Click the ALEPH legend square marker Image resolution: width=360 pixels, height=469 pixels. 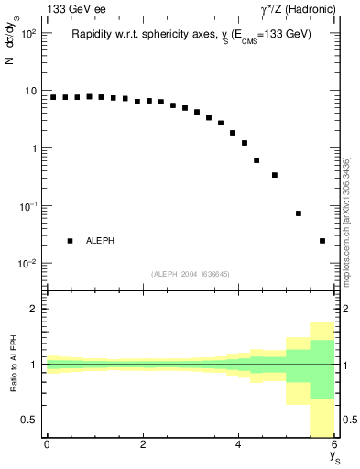70,241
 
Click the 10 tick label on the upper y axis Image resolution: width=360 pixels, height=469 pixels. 30,91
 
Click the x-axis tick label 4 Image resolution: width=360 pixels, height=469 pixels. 239,444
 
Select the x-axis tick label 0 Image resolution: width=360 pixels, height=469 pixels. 47,444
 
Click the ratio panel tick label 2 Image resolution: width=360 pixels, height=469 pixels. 34,309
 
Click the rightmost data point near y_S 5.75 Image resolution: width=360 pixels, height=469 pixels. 322,241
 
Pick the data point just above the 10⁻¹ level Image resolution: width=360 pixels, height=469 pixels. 299,213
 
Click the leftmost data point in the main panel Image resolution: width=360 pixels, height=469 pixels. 53,97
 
